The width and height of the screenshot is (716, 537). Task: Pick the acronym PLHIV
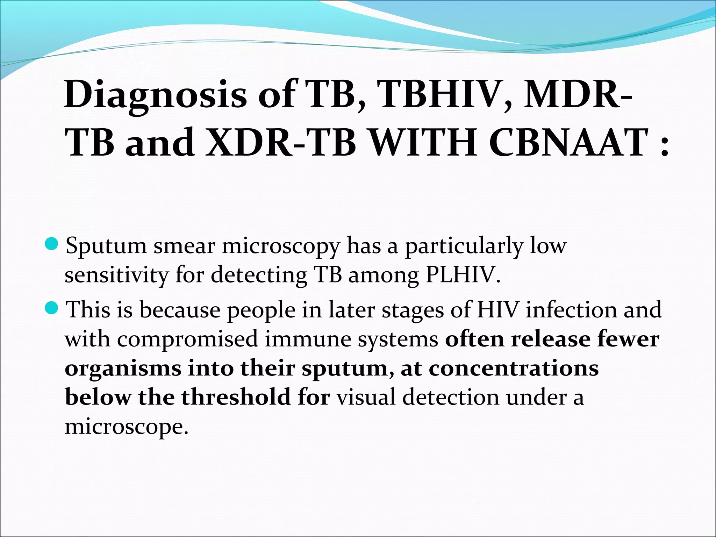463,275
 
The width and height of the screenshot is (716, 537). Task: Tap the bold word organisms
123,369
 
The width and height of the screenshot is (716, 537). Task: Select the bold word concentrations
514,368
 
